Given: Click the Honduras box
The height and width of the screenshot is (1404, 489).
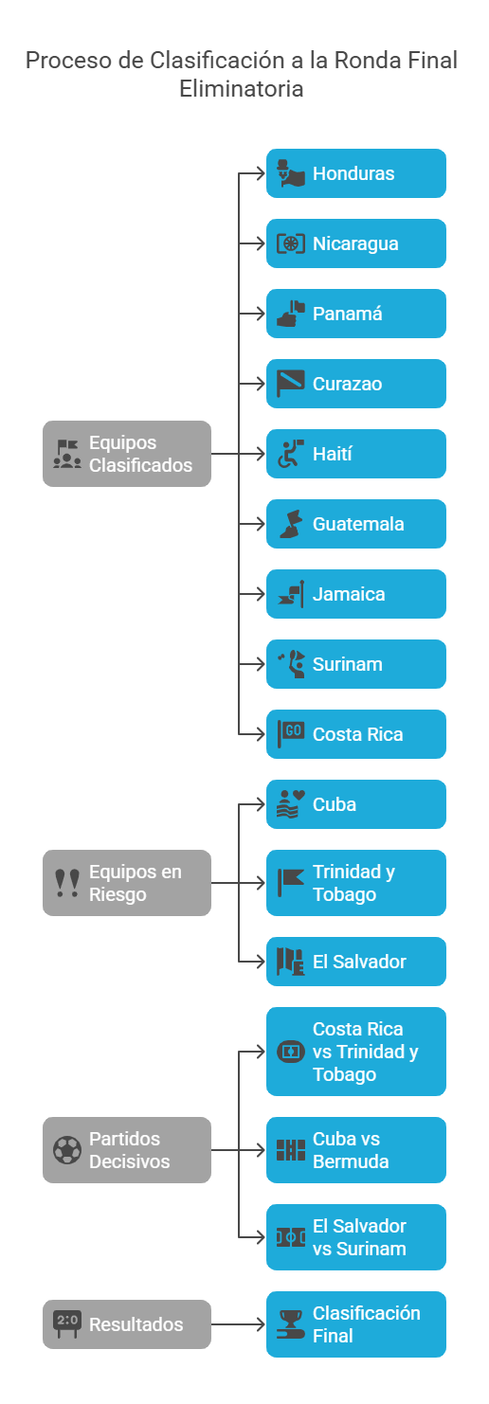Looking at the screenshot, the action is (x=356, y=173).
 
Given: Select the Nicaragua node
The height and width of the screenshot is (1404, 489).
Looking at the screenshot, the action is (x=356, y=243).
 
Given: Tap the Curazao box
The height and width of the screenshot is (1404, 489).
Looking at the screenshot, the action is (x=356, y=384).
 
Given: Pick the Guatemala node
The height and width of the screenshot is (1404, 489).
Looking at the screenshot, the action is (x=356, y=524).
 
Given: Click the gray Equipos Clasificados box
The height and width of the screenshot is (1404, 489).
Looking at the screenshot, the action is (x=127, y=454).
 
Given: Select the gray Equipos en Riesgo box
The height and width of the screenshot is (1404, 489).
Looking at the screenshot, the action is (x=127, y=883).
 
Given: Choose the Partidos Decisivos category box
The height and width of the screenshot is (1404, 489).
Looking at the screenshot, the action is (x=127, y=1150).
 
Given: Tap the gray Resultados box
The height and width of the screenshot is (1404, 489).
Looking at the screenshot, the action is (x=127, y=1324).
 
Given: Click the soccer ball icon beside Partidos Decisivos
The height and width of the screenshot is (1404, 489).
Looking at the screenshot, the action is (x=67, y=1150).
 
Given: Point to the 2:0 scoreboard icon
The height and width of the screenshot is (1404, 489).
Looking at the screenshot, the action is (x=67, y=1323).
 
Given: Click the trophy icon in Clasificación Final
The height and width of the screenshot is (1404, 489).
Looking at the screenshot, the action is (x=290, y=1324).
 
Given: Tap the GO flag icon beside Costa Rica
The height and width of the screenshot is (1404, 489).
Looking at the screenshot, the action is (x=290, y=734).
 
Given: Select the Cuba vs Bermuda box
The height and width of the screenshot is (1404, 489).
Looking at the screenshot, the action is (x=356, y=1150).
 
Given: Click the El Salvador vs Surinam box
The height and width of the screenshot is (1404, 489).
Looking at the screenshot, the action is (x=356, y=1237).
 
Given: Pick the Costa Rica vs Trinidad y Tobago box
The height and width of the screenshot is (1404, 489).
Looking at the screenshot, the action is (x=356, y=1052).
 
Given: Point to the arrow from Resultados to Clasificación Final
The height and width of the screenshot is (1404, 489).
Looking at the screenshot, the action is (x=238, y=1324).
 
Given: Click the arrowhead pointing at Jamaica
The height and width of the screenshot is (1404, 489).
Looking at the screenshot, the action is (x=261, y=594).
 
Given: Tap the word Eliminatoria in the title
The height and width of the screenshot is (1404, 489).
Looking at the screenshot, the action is (x=242, y=88).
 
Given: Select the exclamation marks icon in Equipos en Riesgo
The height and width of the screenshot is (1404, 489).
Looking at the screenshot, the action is (x=67, y=883).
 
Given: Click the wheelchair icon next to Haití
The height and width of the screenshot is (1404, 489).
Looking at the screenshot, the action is (x=290, y=454).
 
